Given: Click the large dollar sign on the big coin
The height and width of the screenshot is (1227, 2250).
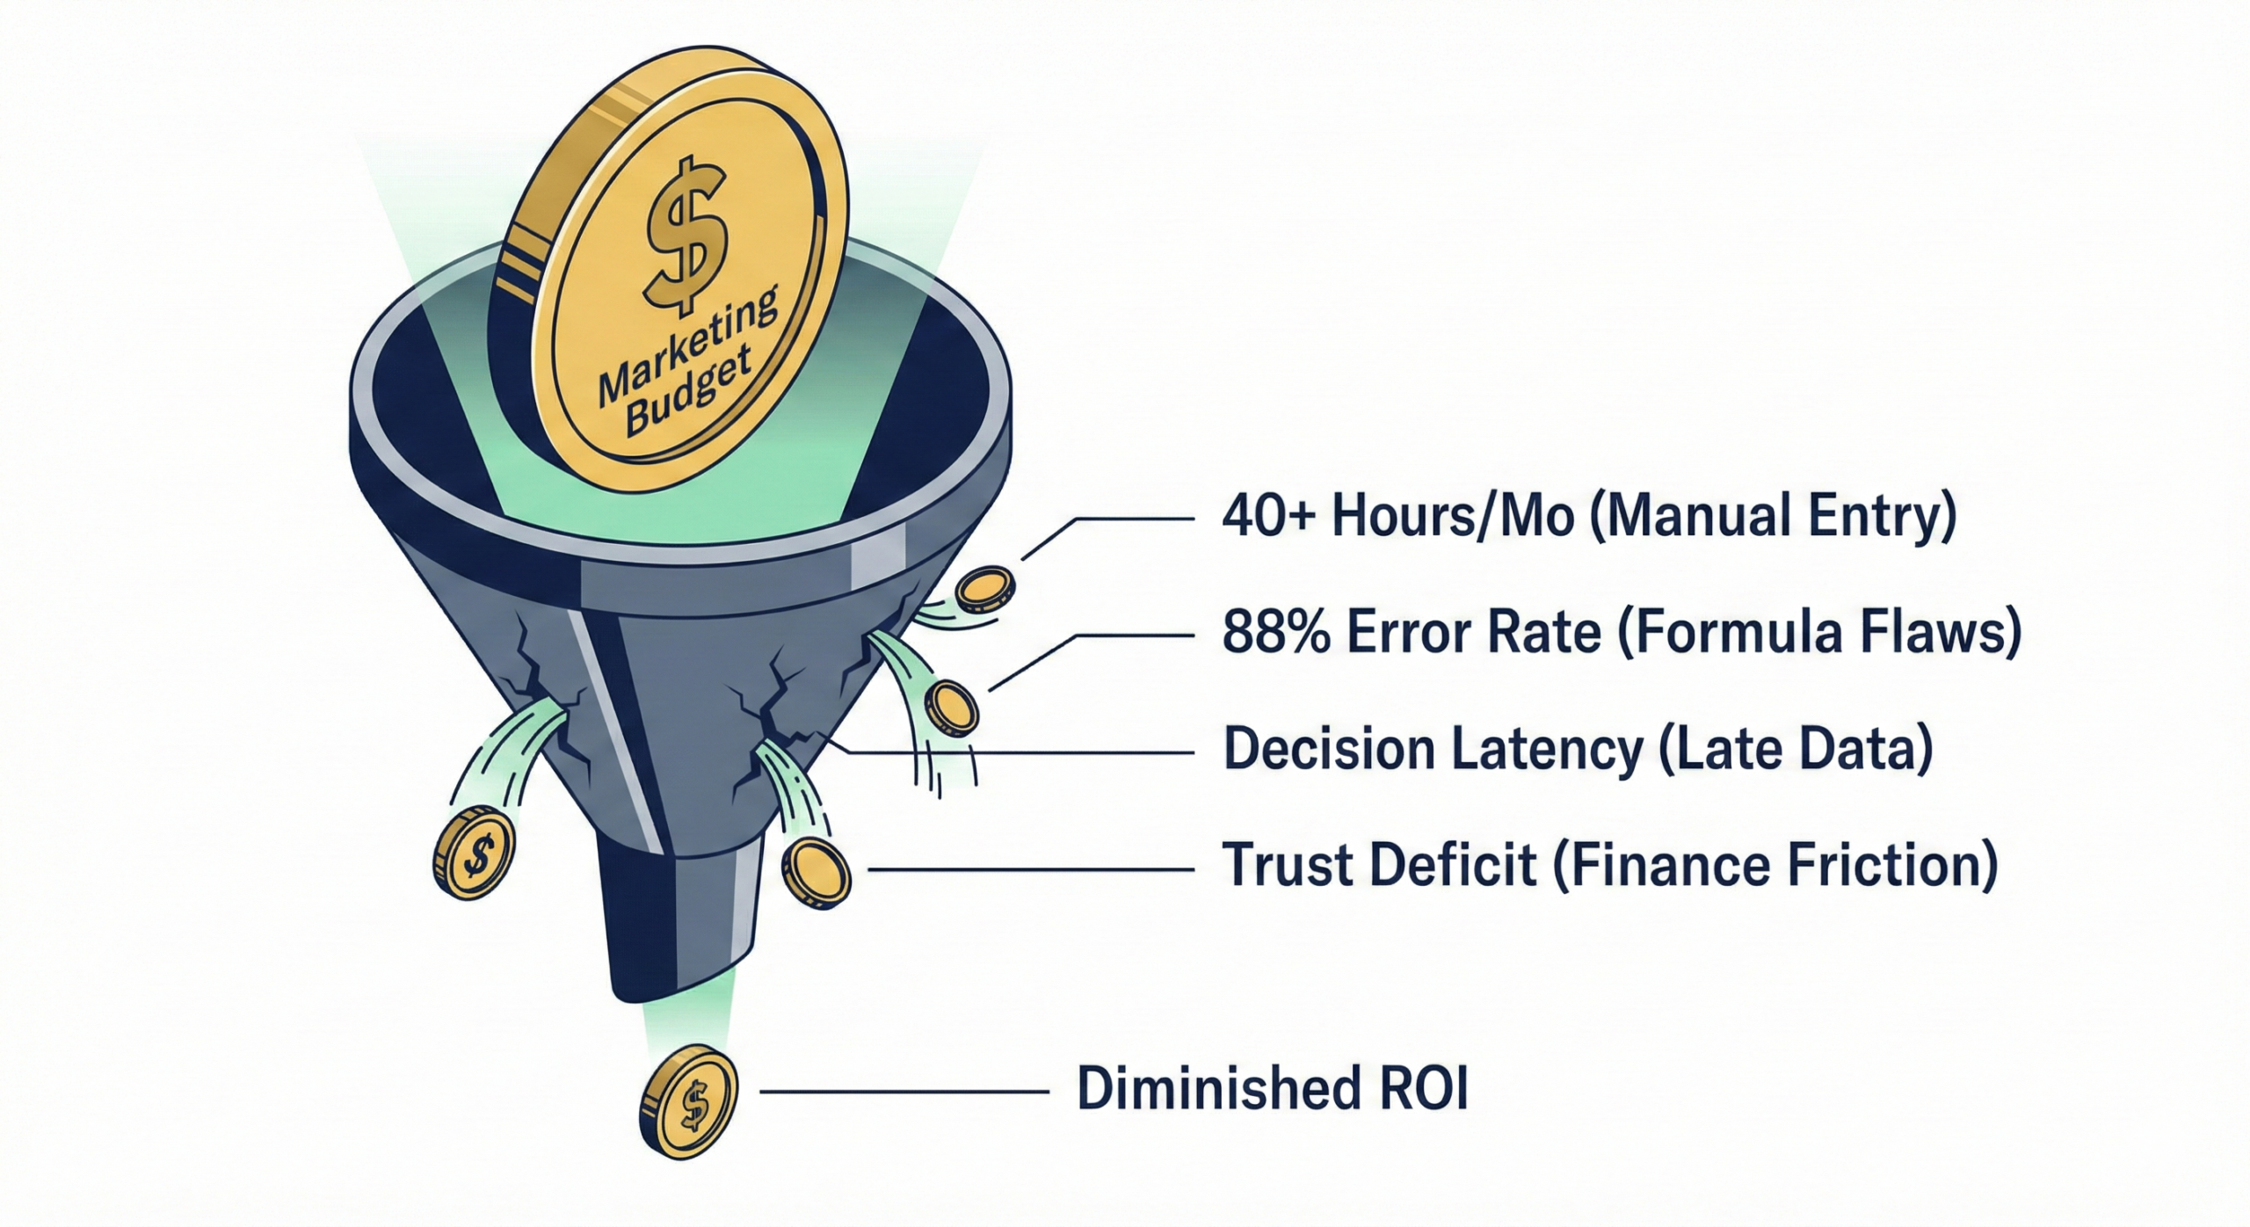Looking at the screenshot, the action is (686, 236).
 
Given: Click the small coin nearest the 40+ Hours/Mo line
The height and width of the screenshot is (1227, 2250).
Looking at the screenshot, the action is (984, 588).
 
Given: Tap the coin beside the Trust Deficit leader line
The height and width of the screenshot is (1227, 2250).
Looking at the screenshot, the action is (817, 873).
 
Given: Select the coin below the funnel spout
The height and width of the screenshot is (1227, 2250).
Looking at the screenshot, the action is (689, 1100).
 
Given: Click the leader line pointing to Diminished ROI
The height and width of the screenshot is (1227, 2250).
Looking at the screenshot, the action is (904, 1093).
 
